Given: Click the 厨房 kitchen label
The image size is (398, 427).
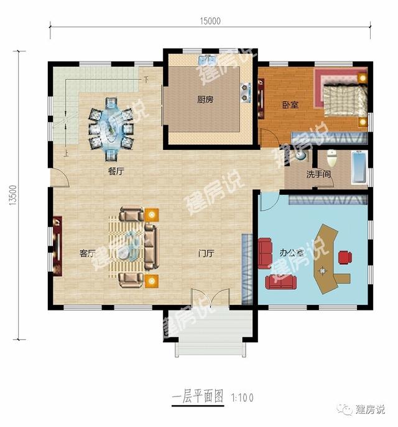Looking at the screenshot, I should pos(205,99).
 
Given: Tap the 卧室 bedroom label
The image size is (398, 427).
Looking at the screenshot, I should pos(290,105).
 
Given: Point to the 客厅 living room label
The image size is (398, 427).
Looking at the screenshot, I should pos(88,253).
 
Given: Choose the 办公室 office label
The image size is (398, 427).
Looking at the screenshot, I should pos(291,253).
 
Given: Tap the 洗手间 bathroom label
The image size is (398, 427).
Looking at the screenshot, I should pos(318,175).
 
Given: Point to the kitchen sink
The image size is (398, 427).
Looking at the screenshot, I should pos(206,60).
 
